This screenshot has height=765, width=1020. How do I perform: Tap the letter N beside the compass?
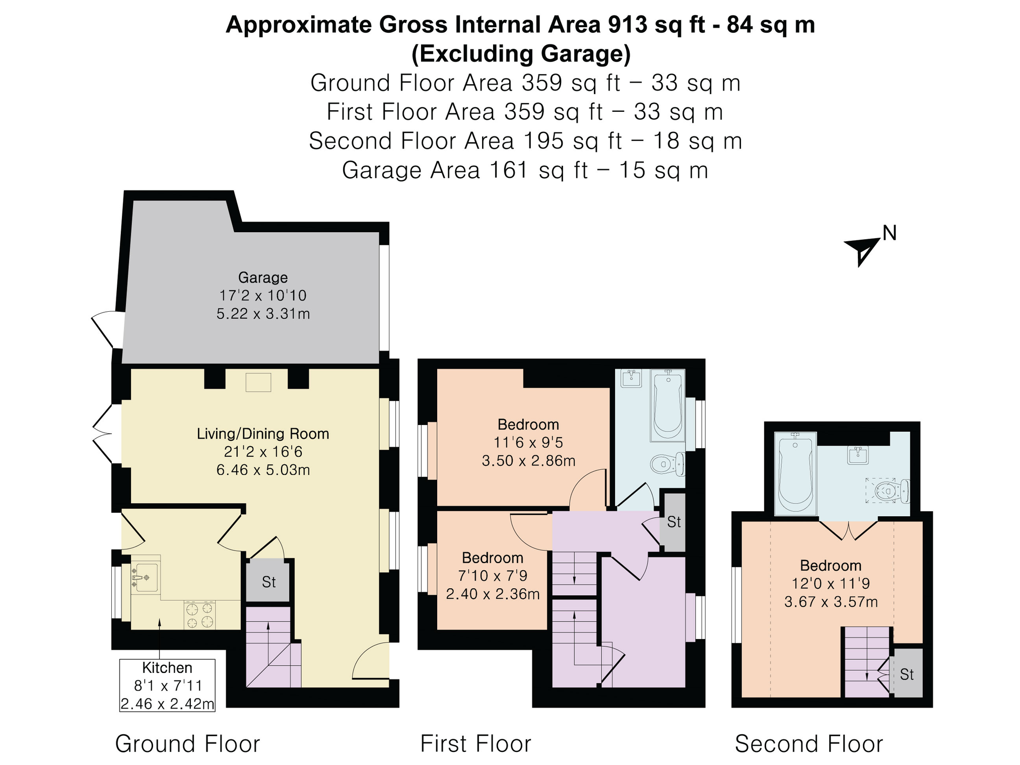click(890, 233)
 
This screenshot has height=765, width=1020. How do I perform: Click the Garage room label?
click(263, 277)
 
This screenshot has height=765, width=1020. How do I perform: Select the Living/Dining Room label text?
click(263, 434)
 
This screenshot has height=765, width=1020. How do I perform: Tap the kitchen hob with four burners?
click(199, 615)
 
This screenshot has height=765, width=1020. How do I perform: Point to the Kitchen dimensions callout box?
click(167, 685)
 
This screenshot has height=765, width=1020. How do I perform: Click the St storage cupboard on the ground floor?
click(268, 582)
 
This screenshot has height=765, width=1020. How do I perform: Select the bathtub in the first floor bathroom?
click(668, 405)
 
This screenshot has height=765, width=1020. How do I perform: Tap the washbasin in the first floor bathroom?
click(631, 378)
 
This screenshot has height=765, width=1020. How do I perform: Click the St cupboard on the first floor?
click(674, 522)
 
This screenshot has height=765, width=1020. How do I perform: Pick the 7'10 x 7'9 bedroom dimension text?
click(493, 576)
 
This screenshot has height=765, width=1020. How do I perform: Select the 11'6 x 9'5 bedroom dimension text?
click(528, 443)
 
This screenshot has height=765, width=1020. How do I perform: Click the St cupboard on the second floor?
click(907, 674)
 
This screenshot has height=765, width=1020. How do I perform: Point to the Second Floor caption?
click(809, 744)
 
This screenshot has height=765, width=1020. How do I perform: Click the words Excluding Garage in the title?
click(521, 54)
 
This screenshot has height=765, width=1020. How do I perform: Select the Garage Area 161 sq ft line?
click(525, 170)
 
